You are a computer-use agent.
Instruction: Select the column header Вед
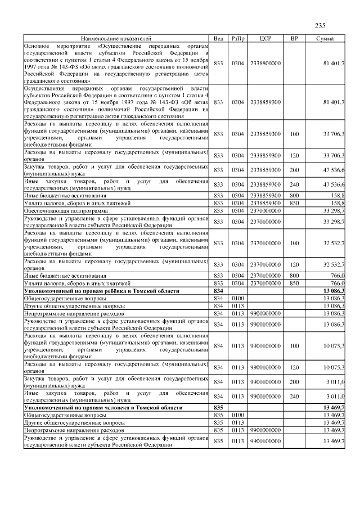219,38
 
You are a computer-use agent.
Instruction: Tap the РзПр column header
237,38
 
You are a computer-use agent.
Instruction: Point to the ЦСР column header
265,38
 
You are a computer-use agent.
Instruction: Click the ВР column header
294,38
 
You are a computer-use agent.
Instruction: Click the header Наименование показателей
115,38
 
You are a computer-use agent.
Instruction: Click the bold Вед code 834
219,291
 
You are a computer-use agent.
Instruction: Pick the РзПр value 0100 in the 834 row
237,298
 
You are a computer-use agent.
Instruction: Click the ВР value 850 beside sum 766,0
294,283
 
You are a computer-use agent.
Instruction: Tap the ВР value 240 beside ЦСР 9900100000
294,396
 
